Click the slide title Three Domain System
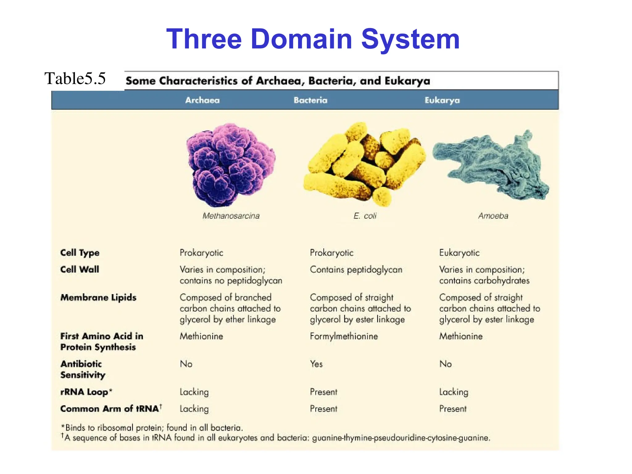coord(313,39)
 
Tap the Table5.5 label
coord(75,78)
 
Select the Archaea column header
coord(202,100)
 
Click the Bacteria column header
coord(310,100)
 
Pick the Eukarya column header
coord(442,100)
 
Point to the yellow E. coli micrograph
coord(364,164)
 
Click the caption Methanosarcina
coord(231,216)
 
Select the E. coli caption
coord(365,216)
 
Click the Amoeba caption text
coord(493,216)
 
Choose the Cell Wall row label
coord(80,269)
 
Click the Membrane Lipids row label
coord(98,297)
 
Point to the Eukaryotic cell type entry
coord(459,253)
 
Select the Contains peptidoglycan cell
coord(356,270)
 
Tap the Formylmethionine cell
coord(344,336)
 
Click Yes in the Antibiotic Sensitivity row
coord(316,364)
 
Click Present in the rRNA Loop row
coord(323,392)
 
